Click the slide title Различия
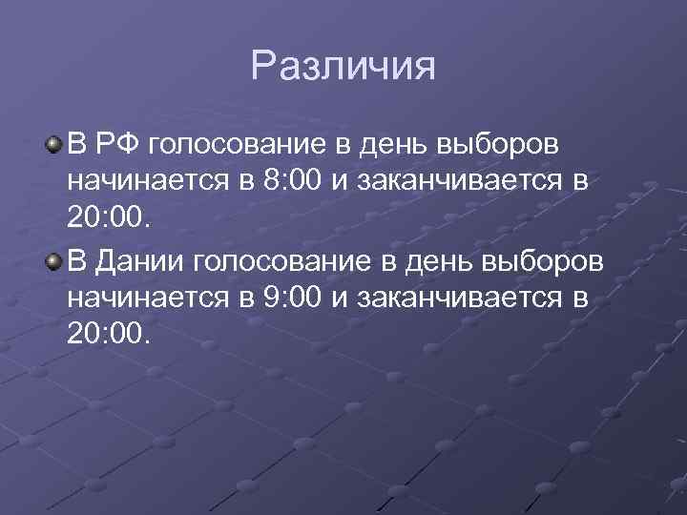pyautogui.click(x=343, y=68)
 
